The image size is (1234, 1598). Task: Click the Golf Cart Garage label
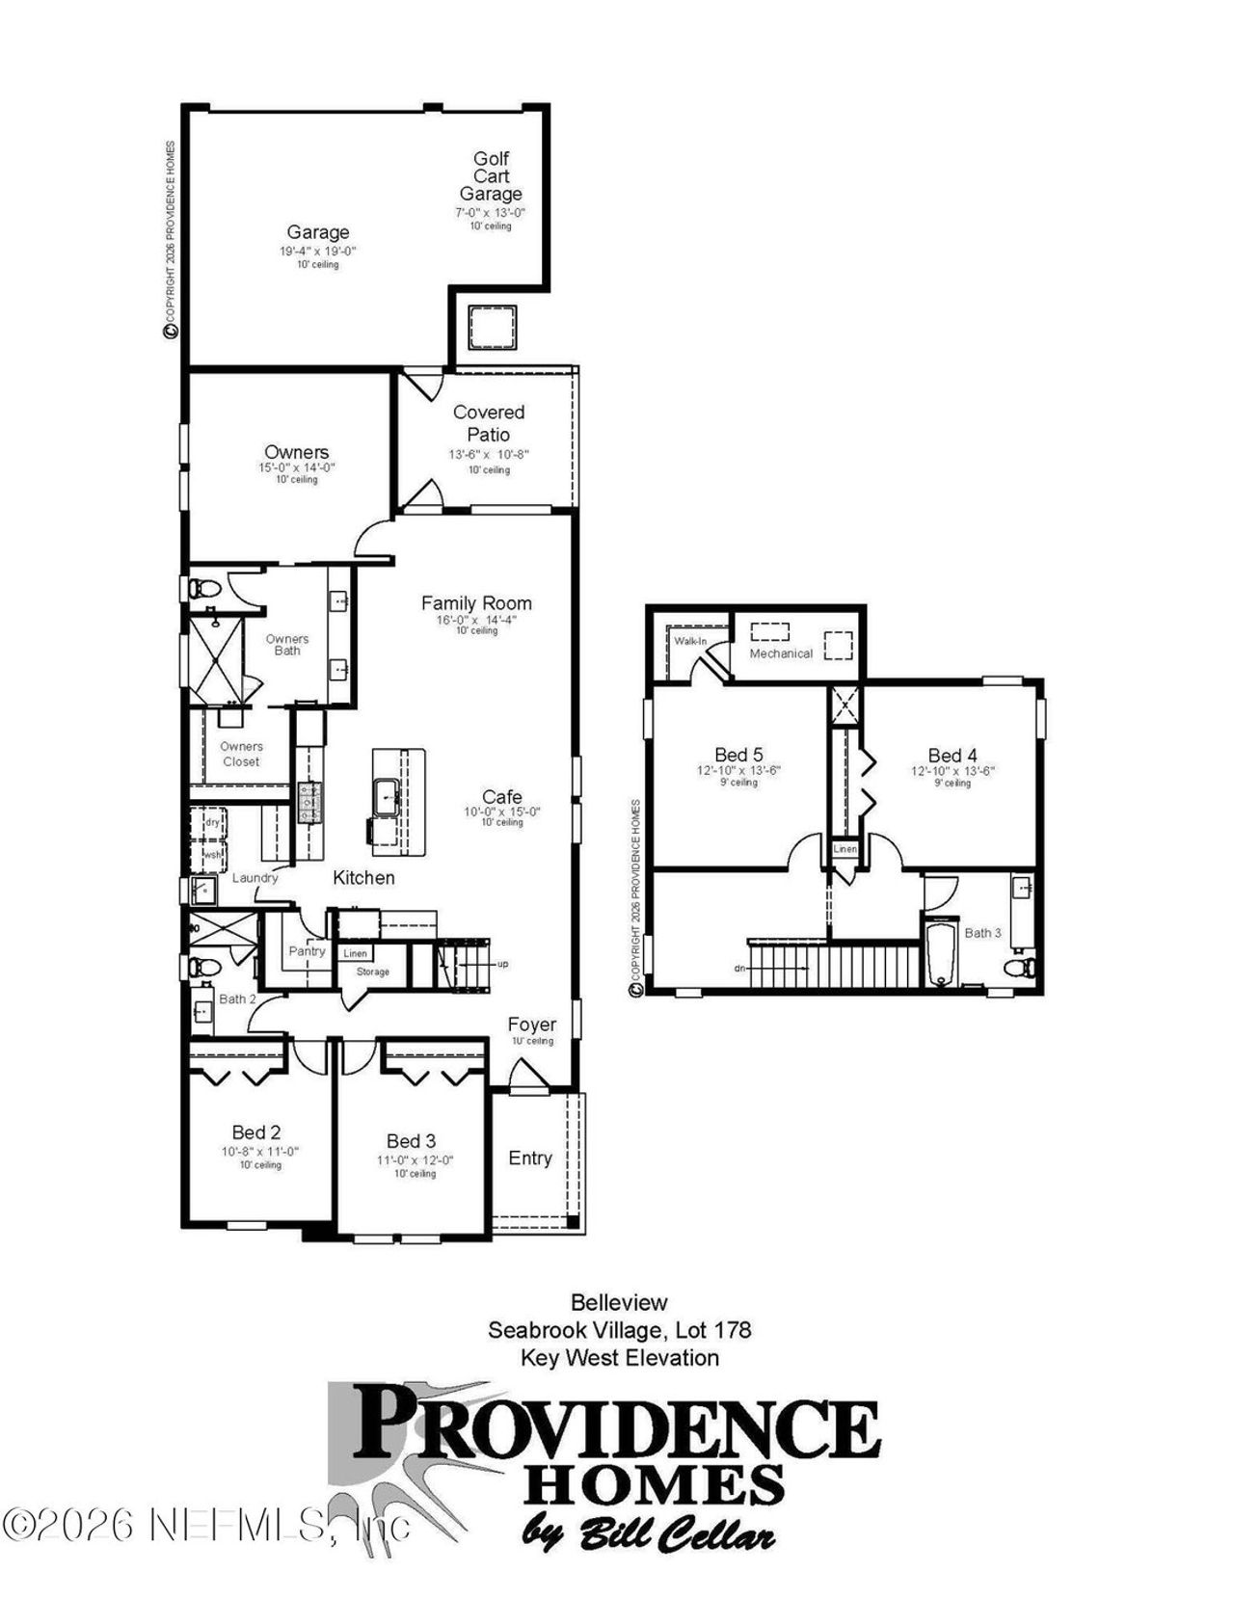pos(491,175)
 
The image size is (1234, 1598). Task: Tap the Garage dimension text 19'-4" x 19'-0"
pos(318,251)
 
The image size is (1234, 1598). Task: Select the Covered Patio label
pos(489,423)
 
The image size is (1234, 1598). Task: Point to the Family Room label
pos(476,603)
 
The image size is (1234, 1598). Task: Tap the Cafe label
pos(502,797)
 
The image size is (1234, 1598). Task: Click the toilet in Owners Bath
pos(203,587)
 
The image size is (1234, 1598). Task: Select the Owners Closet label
pos(241,754)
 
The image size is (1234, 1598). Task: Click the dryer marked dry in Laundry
pos(212,822)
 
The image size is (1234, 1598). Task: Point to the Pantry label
pos(307,951)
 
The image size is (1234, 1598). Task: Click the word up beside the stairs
pos(502,964)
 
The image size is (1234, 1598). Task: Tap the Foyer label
pos(532,1025)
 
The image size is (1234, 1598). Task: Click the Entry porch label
pos(530,1159)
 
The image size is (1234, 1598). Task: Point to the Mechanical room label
pos(781,653)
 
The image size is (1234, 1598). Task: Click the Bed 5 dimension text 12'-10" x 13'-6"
pos(738,771)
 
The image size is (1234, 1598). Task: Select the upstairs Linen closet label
pos(845,849)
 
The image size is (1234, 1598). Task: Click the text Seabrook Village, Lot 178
pos(619,1330)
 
